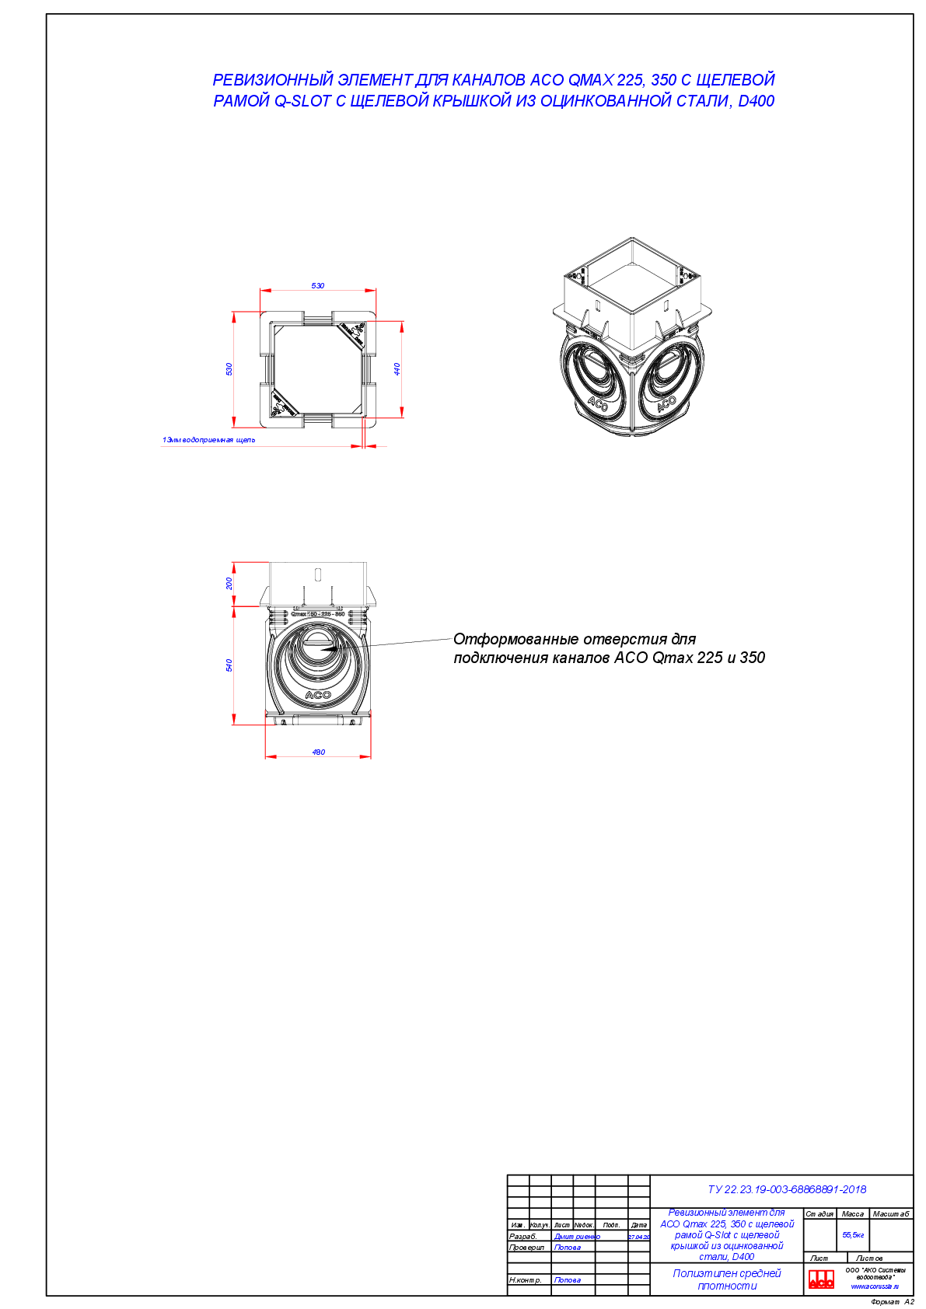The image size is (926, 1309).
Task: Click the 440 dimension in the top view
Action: pos(397,368)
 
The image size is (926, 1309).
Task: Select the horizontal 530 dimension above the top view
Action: pos(318,286)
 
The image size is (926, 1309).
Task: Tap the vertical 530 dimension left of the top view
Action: pos(229,368)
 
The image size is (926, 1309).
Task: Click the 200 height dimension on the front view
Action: pos(229,583)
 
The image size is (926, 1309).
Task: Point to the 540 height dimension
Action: pos(229,665)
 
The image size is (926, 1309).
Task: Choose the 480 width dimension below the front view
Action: pos(319,752)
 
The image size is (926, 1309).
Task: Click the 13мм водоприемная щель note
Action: pos(208,440)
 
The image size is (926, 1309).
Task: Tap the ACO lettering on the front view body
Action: pos(318,695)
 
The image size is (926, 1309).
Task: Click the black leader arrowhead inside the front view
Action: pos(330,647)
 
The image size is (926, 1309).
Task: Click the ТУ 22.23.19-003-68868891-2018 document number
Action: pos(787,1189)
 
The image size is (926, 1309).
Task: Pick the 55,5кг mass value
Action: pos(853,1234)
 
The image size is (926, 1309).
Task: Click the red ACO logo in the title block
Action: pos(821,1279)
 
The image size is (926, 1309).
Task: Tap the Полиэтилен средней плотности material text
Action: pos(726,1279)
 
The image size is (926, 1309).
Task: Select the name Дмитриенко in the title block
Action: pos(576,1237)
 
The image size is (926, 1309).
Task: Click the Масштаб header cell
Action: pos(891,1214)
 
